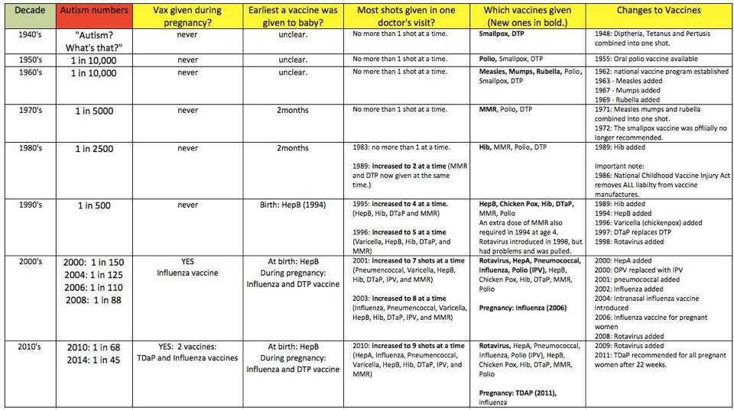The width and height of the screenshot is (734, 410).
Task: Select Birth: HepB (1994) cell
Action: coord(292,205)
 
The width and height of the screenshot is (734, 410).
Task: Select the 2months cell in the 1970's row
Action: coord(292,110)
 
